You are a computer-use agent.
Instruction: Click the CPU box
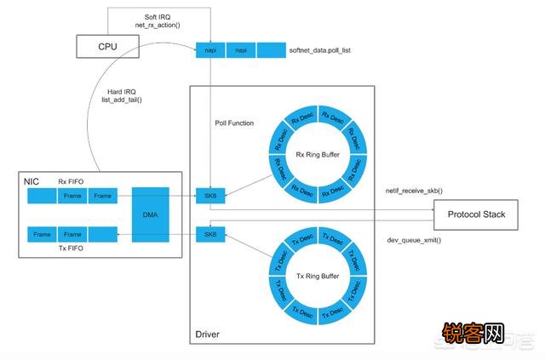tap(107, 46)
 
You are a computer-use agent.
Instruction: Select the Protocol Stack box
tap(476, 214)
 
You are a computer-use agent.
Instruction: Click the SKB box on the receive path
tap(210, 196)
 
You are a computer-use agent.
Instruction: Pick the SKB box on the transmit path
tap(210, 233)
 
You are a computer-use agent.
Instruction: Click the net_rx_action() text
tap(156, 26)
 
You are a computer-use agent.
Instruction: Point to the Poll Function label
tap(233, 123)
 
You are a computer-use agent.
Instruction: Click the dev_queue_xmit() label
tap(415, 241)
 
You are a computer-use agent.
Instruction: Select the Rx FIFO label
tap(71, 181)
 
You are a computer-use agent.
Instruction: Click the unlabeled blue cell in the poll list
tap(272, 51)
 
